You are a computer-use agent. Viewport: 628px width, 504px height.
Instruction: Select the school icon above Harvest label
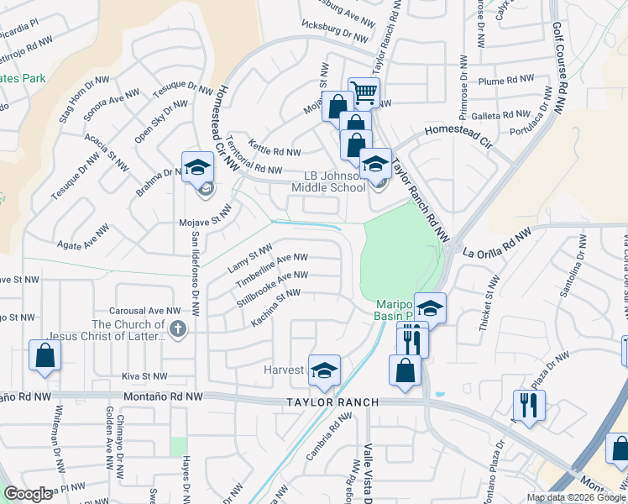[x=324, y=370]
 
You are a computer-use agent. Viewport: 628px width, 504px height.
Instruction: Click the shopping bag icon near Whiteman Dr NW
[x=45, y=354]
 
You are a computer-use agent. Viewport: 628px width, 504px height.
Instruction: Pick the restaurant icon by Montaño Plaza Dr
[x=529, y=405]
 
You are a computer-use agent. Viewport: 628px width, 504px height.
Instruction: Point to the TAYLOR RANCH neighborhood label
[x=334, y=402]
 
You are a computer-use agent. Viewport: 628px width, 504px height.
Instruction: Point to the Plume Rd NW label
[x=505, y=81]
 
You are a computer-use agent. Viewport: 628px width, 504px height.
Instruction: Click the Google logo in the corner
[x=28, y=494]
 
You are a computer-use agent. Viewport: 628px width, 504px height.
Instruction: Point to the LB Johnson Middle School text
[x=336, y=181]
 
